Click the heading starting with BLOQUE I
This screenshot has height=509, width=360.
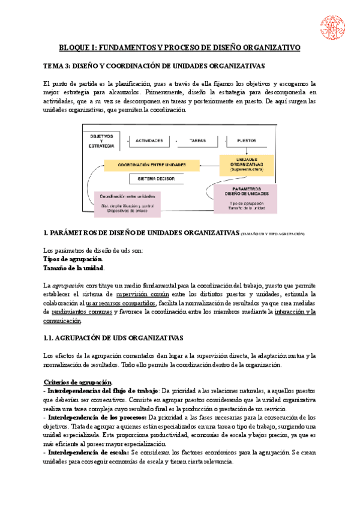(x=179, y=47)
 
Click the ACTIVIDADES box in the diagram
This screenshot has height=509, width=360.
(x=149, y=140)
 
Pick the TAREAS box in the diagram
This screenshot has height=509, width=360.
(x=197, y=140)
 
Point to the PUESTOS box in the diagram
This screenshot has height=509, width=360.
(x=247, y=140)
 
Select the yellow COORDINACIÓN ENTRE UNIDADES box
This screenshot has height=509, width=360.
(x=152, y=164)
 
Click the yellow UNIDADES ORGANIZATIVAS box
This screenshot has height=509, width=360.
(x=247, y=164)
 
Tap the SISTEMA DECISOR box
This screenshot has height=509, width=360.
(x=152, y=179)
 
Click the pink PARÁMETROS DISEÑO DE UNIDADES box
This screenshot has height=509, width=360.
(x=247, y=199)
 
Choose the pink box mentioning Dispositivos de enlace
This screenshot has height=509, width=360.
(x=128, y=203)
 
